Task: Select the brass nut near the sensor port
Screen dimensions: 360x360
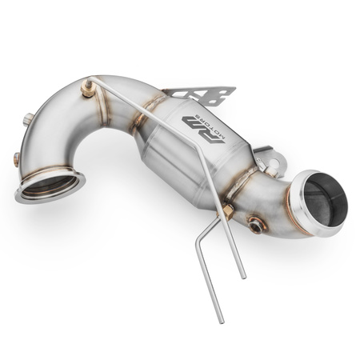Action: click(228, 211)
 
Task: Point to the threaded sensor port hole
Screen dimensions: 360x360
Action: click(256, 226)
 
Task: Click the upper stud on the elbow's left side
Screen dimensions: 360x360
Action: click(29, 120)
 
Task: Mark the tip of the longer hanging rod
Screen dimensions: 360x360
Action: click(245, 276)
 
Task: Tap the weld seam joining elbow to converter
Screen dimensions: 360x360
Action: click(142, 122)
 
